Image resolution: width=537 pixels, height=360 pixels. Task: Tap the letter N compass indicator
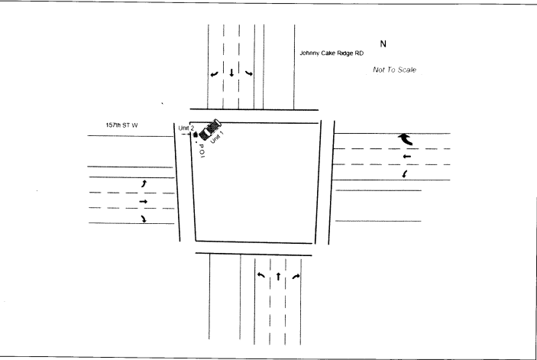pos(383,44)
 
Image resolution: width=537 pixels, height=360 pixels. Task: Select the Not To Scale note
pos(394,69)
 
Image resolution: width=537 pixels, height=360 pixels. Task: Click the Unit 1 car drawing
pos(210,129)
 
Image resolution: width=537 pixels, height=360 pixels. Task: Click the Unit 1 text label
pos(217,138)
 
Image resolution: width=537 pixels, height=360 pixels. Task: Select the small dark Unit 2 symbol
pos(196,135)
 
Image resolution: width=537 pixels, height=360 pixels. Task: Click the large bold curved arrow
pos(405,138)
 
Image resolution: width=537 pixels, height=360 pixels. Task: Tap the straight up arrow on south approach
pos(278,275)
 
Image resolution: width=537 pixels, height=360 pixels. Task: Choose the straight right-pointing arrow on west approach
pos(144,202)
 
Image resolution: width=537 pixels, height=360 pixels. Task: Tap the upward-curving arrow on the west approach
pos(144,184)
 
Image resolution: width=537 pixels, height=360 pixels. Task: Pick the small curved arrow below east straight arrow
pos(405,175)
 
